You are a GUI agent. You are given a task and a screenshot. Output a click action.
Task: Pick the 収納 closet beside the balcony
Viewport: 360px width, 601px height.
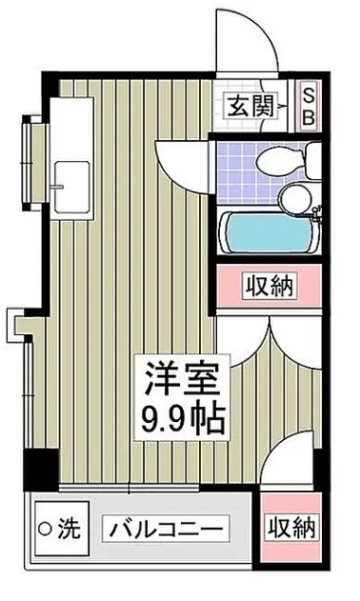point(290,527)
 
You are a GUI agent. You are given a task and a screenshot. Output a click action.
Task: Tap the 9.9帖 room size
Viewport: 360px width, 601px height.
point(184,419)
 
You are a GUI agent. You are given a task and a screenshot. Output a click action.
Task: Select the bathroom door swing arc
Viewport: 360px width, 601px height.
point(181,157)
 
